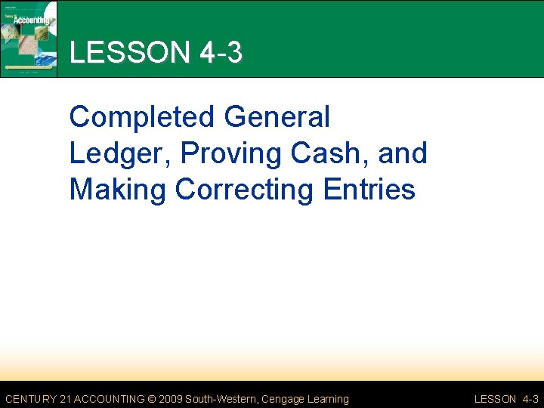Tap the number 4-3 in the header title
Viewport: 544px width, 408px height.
(221, 53)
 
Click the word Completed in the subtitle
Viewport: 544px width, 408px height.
(142, 118)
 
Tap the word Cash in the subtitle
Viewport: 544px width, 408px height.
(323, 153)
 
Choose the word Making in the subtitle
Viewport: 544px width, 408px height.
(118, 189)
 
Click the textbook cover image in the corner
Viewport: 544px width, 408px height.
(29, 38)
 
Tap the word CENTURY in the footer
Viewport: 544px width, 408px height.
(31, 399)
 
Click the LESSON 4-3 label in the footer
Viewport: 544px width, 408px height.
(505, 399)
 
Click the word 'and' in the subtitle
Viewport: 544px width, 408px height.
(403, 153)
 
